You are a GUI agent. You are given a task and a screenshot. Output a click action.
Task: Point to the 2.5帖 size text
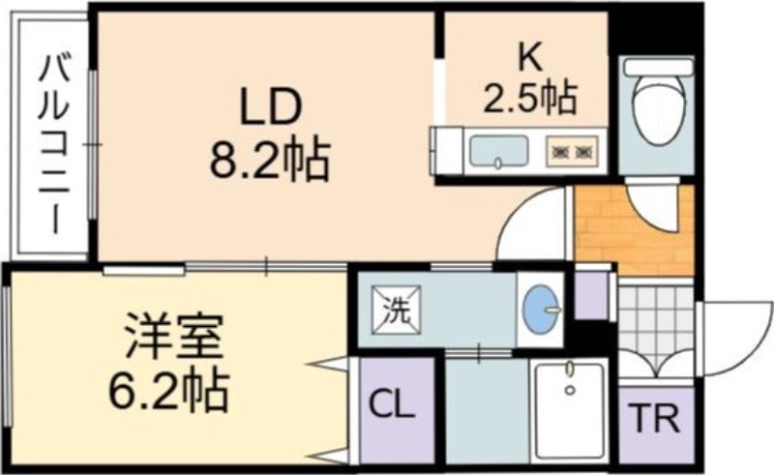[x=529, y=97]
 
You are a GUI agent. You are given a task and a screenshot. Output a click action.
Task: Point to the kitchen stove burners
[x=572, y=152]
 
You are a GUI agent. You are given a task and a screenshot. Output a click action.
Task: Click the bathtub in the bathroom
[x=570, y=411]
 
